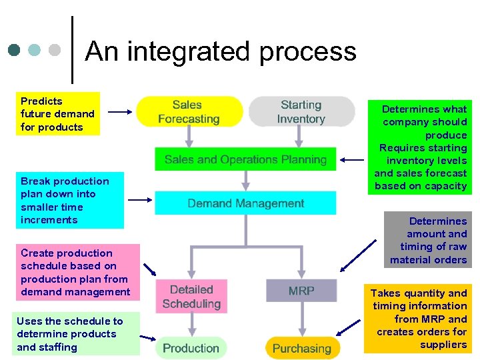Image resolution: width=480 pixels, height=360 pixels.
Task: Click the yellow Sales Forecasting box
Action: [x=189, y=112]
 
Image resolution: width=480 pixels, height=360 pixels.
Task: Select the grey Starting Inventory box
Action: [x=301, y=112]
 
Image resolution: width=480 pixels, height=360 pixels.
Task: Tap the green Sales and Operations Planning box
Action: [x=245, y=159]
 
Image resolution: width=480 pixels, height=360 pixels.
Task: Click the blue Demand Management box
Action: [x=245, y=203]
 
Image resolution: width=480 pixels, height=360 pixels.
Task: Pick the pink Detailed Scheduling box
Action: [x=191, y=297]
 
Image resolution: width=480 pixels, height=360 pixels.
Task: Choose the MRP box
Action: [x=301, y=291]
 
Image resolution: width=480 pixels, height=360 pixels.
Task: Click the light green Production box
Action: [x=191, y=348]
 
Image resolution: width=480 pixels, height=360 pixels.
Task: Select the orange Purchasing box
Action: [x=301, y=348]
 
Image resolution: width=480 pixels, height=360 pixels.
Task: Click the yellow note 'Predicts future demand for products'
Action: [x=59, y=114]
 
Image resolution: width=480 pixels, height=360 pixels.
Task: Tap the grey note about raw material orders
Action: [x=428, y=240]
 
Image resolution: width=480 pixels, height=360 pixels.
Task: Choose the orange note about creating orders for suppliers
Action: [x=419, y=319]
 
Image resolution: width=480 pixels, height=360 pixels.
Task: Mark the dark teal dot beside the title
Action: [x=15, y=51]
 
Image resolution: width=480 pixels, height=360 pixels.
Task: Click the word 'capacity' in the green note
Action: [x=445, y=186]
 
